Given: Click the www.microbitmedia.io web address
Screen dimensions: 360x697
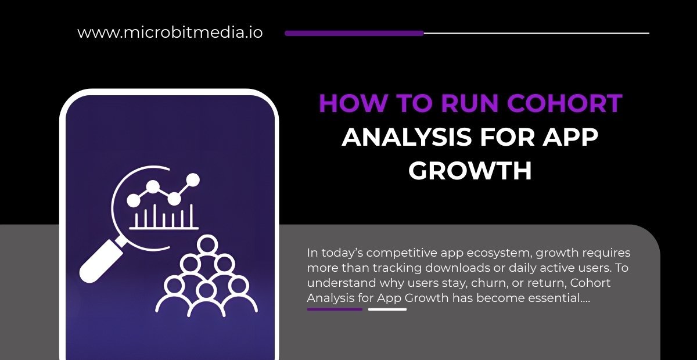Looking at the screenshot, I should [x=170, y=33].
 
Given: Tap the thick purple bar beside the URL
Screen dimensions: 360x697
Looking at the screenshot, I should [x=354, y=33].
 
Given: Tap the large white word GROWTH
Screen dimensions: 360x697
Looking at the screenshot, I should [x=470, y=171].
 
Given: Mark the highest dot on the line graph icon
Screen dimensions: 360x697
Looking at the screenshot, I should [x=193, y=179].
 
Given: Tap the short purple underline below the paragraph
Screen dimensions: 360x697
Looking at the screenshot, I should [x=335, y=309].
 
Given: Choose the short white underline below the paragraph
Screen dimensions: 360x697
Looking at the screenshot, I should [x=387, y=309].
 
